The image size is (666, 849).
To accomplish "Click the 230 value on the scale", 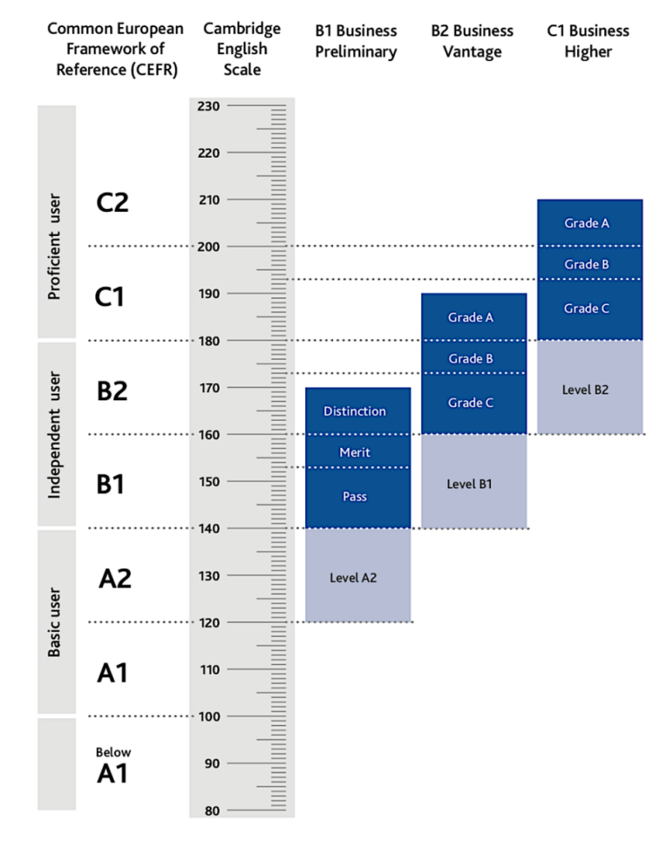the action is (x=209, y=106).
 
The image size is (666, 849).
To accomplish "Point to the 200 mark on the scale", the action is (x=209, y=247).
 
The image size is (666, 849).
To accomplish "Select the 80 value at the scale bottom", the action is (x=211, y=810).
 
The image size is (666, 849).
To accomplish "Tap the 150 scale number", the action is (x=209, y=482).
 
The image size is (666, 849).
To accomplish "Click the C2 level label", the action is (x=112, y=202).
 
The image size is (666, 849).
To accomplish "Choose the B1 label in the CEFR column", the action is (x=110, y=484).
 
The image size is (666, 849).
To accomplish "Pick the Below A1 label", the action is (x=113, y=766).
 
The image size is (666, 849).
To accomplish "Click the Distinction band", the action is (x=358, y=411).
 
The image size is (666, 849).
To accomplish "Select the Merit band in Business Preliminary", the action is (x=358, y=451).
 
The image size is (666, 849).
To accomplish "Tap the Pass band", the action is (x=358, y=497).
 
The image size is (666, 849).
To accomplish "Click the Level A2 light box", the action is (x=358, y=575).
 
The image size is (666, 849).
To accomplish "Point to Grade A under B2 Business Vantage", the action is (x=474, y=316).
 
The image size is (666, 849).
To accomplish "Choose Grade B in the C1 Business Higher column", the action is (x=590, y=263).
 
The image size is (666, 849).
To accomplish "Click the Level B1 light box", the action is (x=474, y=482).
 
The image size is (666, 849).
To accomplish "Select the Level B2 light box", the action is (x=590, y=387).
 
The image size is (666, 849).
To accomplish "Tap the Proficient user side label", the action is (x=54, y=247).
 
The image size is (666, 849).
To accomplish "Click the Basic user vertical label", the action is (x=54, y=622).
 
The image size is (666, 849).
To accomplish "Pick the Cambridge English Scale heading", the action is (x=242, y=48).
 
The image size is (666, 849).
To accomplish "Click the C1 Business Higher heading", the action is (x=588, y=41).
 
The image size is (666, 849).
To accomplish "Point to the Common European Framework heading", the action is (x=115, y=48).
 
